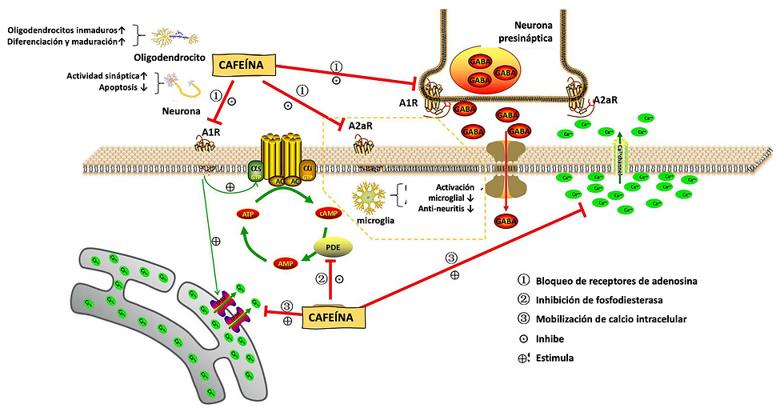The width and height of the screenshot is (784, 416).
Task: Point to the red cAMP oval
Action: [330, 214]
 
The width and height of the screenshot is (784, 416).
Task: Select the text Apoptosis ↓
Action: [117, 88]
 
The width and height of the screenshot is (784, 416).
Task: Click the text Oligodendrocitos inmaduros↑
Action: [65, 30]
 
